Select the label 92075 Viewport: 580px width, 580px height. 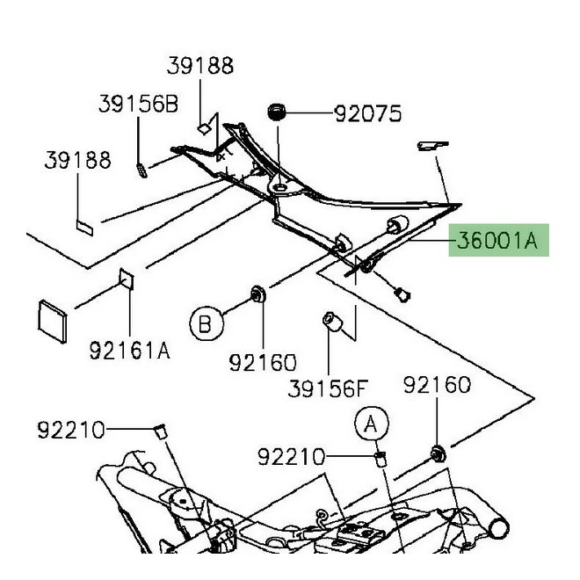(x=367, y=113)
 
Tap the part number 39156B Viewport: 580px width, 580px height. (x=138, y=105)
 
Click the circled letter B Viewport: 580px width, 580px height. (x=205, y=325)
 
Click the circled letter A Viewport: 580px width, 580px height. (x=371, y=425)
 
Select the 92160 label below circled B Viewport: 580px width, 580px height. (x=265, y=361)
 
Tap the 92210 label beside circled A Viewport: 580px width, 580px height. (x=290, y=457)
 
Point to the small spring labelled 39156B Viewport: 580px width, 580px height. (x=142, y=166)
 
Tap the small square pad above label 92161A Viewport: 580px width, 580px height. (x=124, y=279)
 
